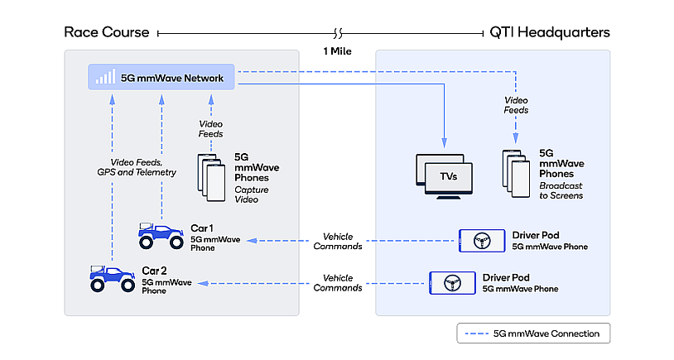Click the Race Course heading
[x=106, y=32]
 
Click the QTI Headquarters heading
[x=551, y=32]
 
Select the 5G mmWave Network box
[x=161, y=79]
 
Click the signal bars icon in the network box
[x=105, y=79]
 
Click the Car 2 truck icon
[x=112, y=277]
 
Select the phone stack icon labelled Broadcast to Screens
[x=515, y=173]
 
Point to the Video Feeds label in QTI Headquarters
[x=516, y=105]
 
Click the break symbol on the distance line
[x=337, y=33]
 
